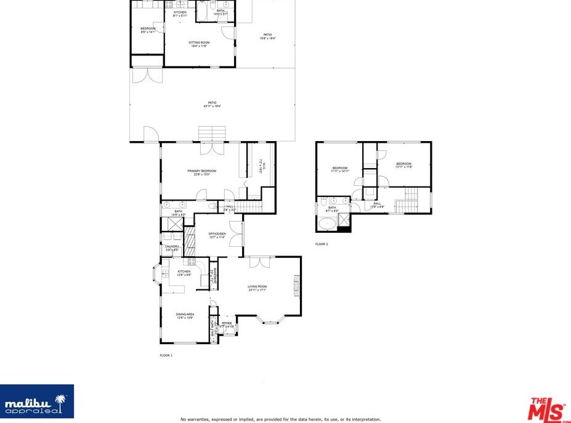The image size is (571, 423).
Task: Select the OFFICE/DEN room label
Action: (217, 233)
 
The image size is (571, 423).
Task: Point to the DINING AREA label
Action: (185, 315)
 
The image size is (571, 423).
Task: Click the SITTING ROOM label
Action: (199, 42)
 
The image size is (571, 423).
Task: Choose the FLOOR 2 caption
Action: (322, 244)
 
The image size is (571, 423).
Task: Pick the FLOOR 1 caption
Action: (166, 355)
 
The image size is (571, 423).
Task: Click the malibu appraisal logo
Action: (37, 402)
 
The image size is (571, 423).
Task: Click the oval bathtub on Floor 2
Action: (327, 224)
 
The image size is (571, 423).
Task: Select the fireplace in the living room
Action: (297, 286)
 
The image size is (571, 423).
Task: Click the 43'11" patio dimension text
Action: (211, 107)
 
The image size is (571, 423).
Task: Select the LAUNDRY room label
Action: (172, 246)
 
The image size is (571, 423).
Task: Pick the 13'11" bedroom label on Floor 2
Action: (403, 164)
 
